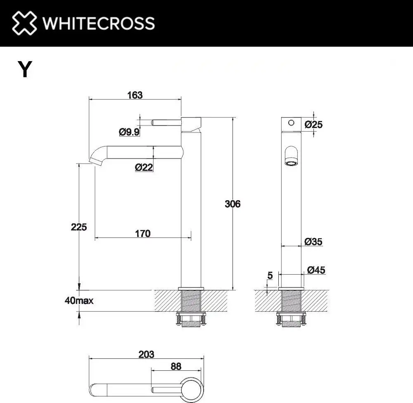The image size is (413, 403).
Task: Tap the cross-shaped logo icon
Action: click(x=24, y=23)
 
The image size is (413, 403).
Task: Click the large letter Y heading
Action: click(x=25, y=69)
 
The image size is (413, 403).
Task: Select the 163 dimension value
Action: click(x=135, y=95)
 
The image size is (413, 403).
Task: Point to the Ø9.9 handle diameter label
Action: click(x=129, y=132)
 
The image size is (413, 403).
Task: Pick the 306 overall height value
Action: click(x=232, y=204)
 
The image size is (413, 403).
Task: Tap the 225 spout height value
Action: click(x=79, y=227)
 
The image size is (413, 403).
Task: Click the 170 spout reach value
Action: click(x=142, y=234)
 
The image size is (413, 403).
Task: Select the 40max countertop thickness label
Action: click(x=79, y=301)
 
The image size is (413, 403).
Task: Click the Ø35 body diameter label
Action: click(x=313, y=242)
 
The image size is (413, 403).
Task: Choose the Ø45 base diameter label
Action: click(x=316, y=270)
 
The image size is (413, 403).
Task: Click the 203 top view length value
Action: click(x=146, y=354)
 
